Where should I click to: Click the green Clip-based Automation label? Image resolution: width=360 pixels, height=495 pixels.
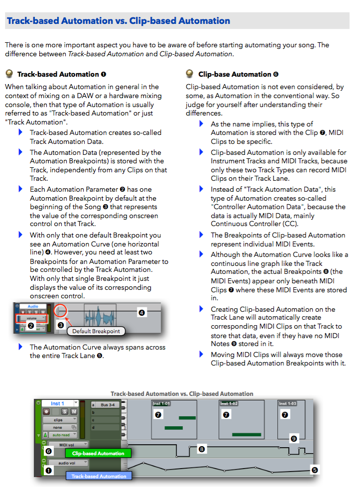(98, 453)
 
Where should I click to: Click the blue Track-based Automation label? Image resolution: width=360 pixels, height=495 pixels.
(99, 476)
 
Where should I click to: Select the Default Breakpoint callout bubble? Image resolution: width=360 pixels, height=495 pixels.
(96, 331)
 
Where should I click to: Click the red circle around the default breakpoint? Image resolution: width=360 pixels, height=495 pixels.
(60, 311)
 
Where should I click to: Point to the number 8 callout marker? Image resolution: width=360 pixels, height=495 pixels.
(202, 449)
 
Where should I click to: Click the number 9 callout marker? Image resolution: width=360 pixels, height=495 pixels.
(293, 439)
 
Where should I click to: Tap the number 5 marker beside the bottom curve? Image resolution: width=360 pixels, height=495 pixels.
(314, 470)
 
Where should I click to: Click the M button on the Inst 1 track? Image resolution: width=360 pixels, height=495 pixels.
(74, 412)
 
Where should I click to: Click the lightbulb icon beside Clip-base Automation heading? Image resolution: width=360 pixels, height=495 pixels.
(190, 74)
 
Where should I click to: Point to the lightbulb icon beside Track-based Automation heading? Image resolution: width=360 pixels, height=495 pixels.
(9, 74)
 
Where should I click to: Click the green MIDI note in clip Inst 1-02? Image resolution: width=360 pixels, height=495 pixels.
(246, 434)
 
